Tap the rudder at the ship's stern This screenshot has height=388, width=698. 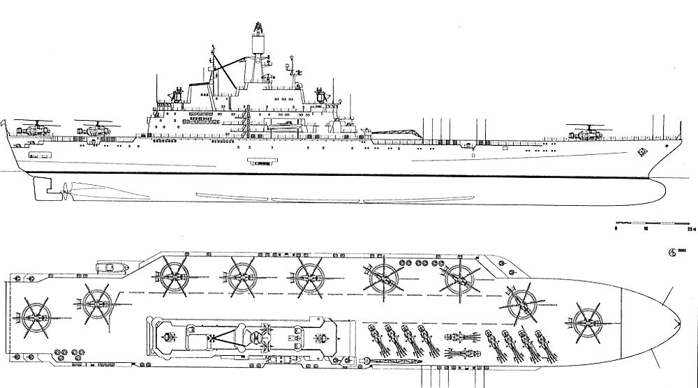pyautogui.click(x=43, y=186)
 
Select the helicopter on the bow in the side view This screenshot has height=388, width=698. pyautogui.click(x=588, y=130)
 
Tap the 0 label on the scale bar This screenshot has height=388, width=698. pyautogui.click(x=616, y=228)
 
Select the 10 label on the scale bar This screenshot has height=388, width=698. pyautogui.click(x=646, y=228)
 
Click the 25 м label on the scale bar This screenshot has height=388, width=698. pyautogui.click(x=691, y=228)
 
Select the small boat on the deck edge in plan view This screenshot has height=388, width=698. pyautogui.click(x=110, y=267)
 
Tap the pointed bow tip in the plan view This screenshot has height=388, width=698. pyautogui.click(x=679, y=322)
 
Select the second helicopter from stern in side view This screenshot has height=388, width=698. pyautogui.click(x=91, y=128)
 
